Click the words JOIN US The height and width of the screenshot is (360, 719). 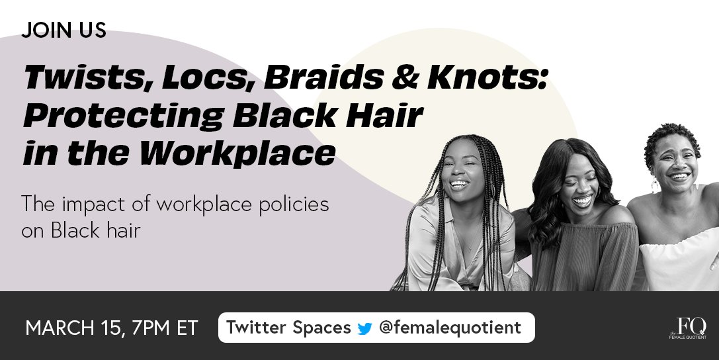coord(63,31)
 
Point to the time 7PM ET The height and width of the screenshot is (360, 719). coord(166,328)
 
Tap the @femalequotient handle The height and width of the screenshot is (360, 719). coord(450,328)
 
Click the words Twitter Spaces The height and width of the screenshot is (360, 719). coord(288,328)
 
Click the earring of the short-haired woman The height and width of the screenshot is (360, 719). coord(655,186)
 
